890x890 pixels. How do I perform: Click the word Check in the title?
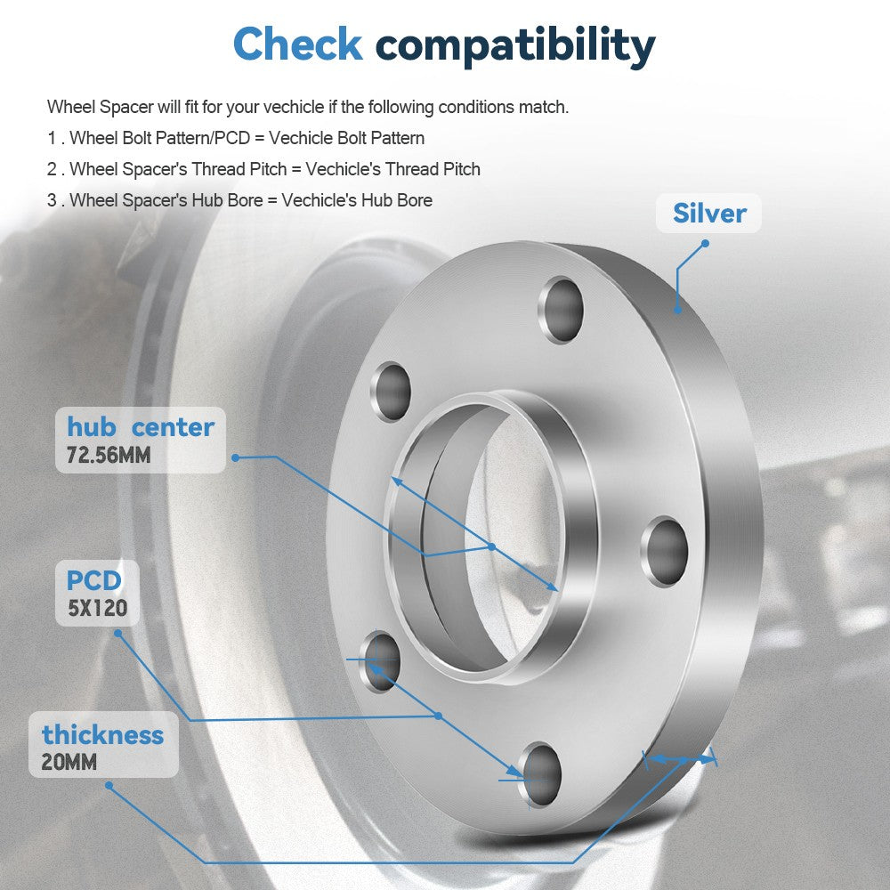click(x=298, y=44)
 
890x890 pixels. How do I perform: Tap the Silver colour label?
click(x=709, y=214)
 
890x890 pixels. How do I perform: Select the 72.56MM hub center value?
click(x=109, y=455)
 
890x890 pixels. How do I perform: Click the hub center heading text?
click(x=141, y=427)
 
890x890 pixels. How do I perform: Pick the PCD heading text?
click(x=94, y=580)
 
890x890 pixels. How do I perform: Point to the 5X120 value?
click(x=98, y=609)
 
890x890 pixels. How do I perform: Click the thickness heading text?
click(x=102, y=734)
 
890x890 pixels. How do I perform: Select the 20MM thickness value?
click(x=69, y=762)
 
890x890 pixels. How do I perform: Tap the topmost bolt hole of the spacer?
click(x=562, y=310)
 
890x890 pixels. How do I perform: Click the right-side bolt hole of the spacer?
click(x=665, y=551)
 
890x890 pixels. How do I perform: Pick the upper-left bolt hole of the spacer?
click(x=391, y=392)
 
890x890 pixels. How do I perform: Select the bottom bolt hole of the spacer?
click(x=540, y=774)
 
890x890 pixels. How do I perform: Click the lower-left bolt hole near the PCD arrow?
click(x=381, y=660)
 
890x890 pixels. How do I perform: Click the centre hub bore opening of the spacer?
click(x=499, y=537)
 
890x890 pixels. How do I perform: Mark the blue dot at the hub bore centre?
click(x=491, y=546)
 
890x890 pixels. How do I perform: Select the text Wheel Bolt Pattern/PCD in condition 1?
click(x=159, y=138)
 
